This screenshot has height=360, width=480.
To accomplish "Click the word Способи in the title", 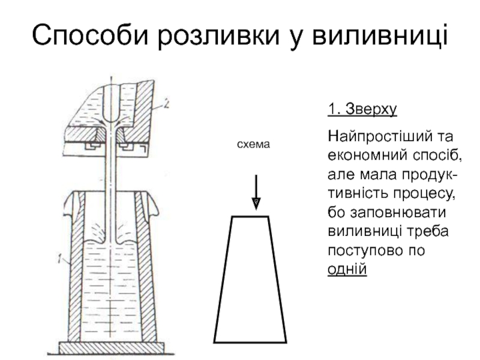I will [x=89, y=36].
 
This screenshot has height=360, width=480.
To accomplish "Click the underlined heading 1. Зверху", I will [x=362, y=110].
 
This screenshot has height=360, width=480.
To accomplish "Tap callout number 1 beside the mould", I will [x=59, y=259].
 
